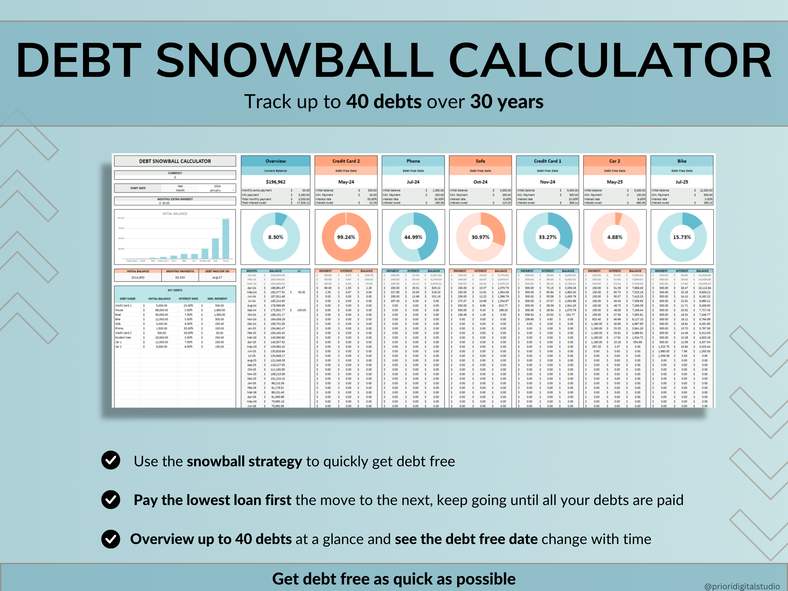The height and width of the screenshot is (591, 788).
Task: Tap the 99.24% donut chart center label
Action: tap(346, 237)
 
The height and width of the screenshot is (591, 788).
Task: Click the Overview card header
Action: tap(275, 161)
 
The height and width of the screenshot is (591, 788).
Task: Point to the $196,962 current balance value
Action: tap(275, 182)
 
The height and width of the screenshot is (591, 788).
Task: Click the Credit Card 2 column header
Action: tap(346, 161)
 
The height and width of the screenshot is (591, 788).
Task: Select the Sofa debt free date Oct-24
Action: tap(480, 182)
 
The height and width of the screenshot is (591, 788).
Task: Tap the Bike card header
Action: tap(681, 161)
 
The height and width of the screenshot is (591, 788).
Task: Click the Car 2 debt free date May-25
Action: tap(615, 182)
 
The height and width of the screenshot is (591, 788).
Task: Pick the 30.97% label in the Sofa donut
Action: tap(480, 237)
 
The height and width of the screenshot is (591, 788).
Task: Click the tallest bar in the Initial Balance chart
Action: tap(225, 238)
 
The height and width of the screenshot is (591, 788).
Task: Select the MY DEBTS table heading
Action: tap(175, 290)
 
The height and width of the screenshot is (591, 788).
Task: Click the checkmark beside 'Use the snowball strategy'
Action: tap(111, 460)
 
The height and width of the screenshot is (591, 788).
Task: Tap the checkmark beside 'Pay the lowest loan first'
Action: tap(111, 499)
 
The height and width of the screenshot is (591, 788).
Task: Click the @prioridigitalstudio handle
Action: tap(742, 586)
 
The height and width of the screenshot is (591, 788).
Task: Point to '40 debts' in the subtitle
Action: tap(384, 102)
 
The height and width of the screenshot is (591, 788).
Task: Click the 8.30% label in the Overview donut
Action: tap(275, 237)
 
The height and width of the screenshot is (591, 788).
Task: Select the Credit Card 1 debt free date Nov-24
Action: tap(547, 182)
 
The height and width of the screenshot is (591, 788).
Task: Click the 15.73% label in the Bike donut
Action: tap(681, 237)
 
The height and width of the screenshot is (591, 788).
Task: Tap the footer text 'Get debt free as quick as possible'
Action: tap(394, 579)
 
